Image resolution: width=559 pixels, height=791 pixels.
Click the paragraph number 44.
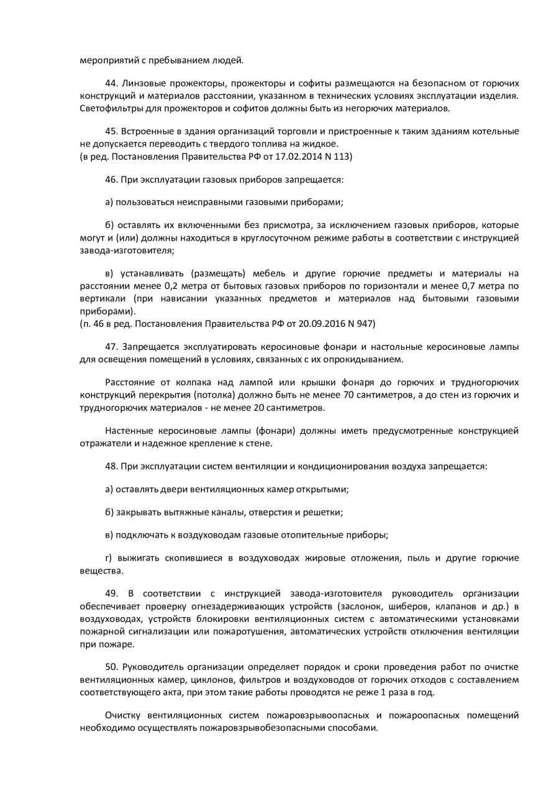(x=111, y=83)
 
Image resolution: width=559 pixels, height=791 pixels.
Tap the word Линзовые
(x=142, y=83)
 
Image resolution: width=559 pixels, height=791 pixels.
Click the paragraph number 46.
(x=111, y=180)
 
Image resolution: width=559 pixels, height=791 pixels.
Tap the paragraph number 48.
(x=111, y=466)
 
